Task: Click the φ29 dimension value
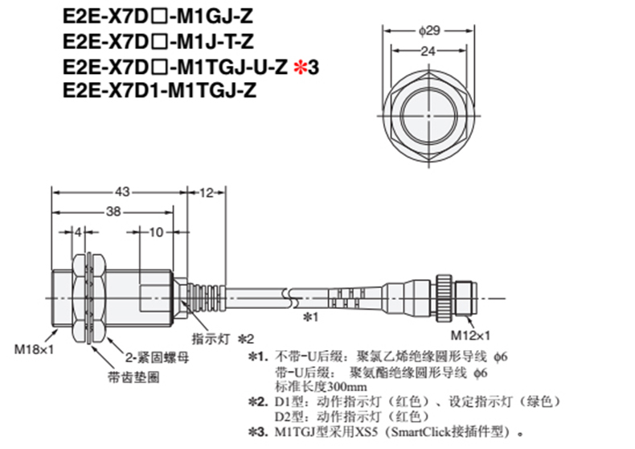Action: (x=429, y=31)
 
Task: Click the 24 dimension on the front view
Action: (x=428, y=51)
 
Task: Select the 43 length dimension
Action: (x=122, y=192)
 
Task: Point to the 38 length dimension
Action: (x=113, y=212)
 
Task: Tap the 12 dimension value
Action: (x=206, y=192)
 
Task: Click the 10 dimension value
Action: (x=156, y=233)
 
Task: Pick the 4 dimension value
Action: (x=78, y=233)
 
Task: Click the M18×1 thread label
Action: (x=34, y=349)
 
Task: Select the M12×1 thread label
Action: (x=470, y=336)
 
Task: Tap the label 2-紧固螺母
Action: (x=157, y=357)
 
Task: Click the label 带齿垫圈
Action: (x=133, y=377)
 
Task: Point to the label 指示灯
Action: (x=211, y=339)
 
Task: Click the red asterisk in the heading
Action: (x=300, y=67)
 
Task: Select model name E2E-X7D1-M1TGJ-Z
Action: (x=160, y=90)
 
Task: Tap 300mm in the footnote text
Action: (x=347, y=386)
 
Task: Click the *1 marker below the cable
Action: (x=311, y=316)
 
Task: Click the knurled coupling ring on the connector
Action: (x=444, y=299)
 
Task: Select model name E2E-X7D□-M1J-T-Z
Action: (x=158, y=41)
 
